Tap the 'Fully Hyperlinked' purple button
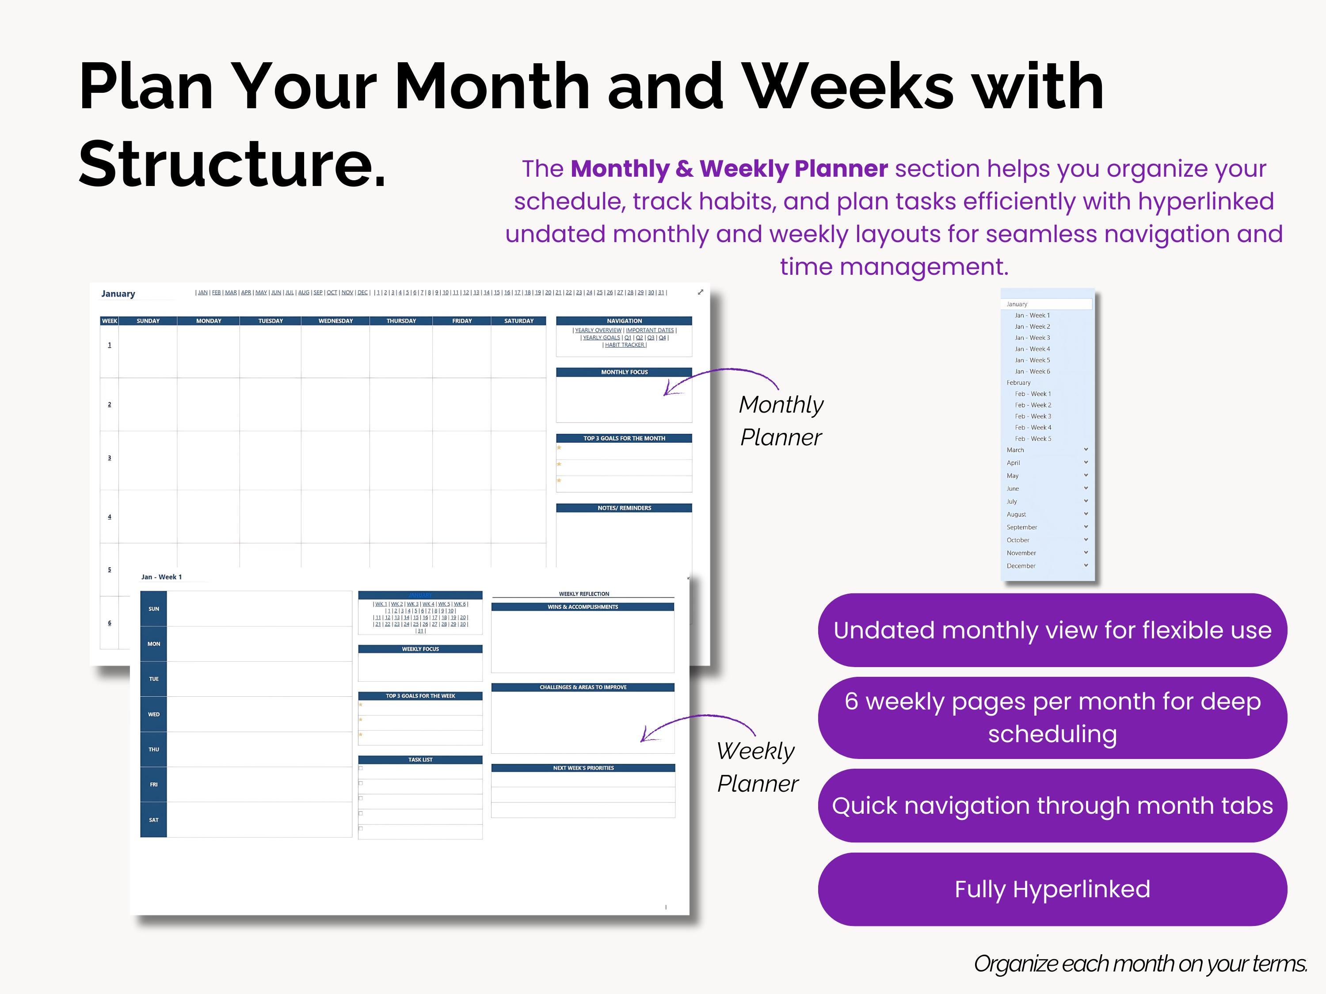[1052, 889]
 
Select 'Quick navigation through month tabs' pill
[1052, 805]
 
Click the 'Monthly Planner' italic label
[781, 421]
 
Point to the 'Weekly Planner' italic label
[757, 767]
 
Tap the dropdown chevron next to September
[1086, 527]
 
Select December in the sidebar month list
[1021, 565]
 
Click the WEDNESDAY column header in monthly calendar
[335, 321]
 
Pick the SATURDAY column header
[518, 321]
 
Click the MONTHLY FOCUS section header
[624, 372]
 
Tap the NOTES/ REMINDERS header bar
[624, 508]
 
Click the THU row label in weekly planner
[153, 750]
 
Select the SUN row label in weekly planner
[153, 609]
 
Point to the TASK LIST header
[420, 760]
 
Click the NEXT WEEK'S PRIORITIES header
[583, 768]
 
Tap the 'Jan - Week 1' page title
[161, 577]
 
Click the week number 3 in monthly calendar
[109, 458]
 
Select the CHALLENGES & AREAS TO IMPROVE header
[583, 687]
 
